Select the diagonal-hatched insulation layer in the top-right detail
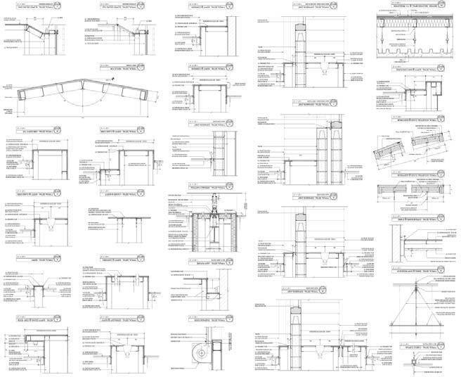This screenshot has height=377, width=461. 415,25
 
